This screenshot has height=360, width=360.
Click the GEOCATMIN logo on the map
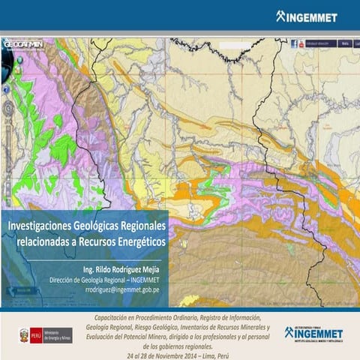click(23, 44)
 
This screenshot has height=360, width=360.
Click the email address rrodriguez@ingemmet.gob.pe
click(121, 289)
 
